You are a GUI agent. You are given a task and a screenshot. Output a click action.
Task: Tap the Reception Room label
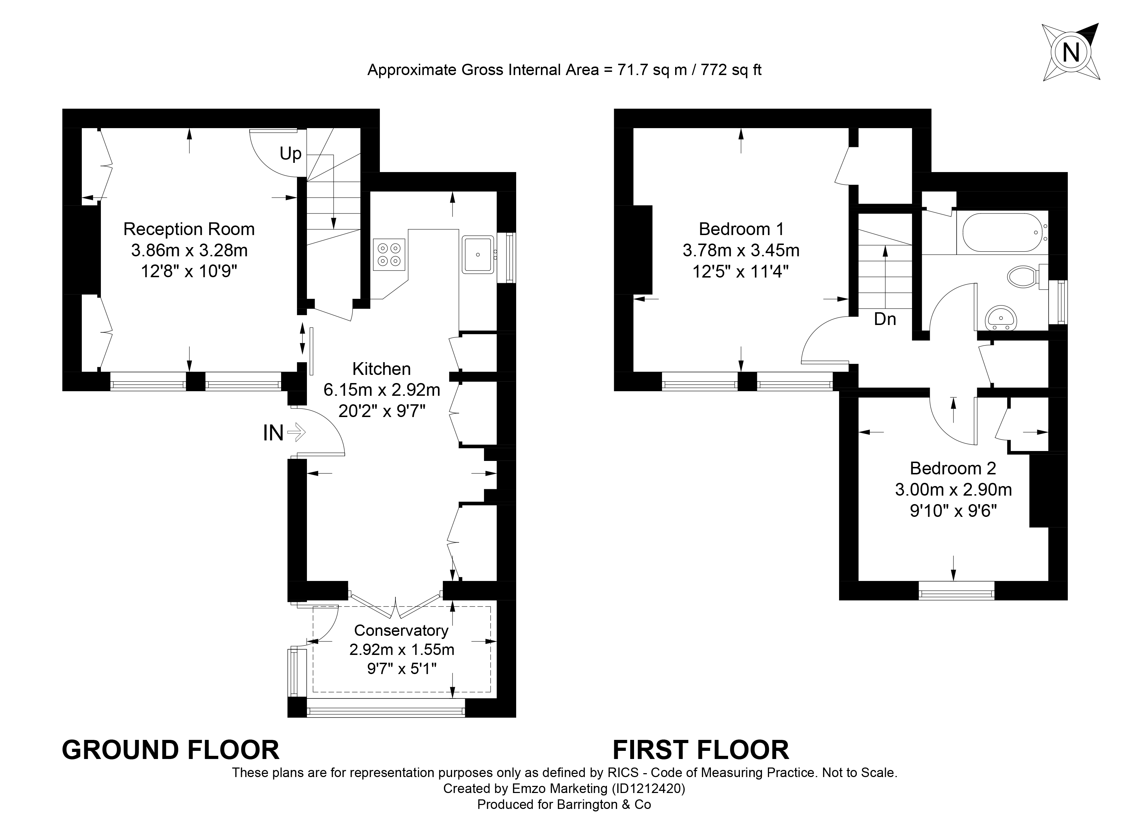pos(189,229)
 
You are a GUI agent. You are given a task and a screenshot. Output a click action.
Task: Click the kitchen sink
pos(478,255)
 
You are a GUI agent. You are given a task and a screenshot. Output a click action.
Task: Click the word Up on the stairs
pos(290,154)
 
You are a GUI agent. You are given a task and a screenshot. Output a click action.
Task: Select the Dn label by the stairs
pos(885,319)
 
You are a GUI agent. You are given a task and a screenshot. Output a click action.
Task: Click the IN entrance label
pos(273,433)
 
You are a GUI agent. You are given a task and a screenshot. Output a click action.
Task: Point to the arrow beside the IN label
pos(296,432)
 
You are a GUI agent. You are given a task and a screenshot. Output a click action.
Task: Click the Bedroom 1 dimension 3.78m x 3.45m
pos(741,250)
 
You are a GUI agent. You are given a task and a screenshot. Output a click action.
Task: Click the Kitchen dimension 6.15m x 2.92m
pos(382,390)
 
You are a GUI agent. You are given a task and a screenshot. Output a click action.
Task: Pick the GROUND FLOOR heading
pos(171,750)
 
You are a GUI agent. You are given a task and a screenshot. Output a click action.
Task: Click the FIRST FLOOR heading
pos(701,750)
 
